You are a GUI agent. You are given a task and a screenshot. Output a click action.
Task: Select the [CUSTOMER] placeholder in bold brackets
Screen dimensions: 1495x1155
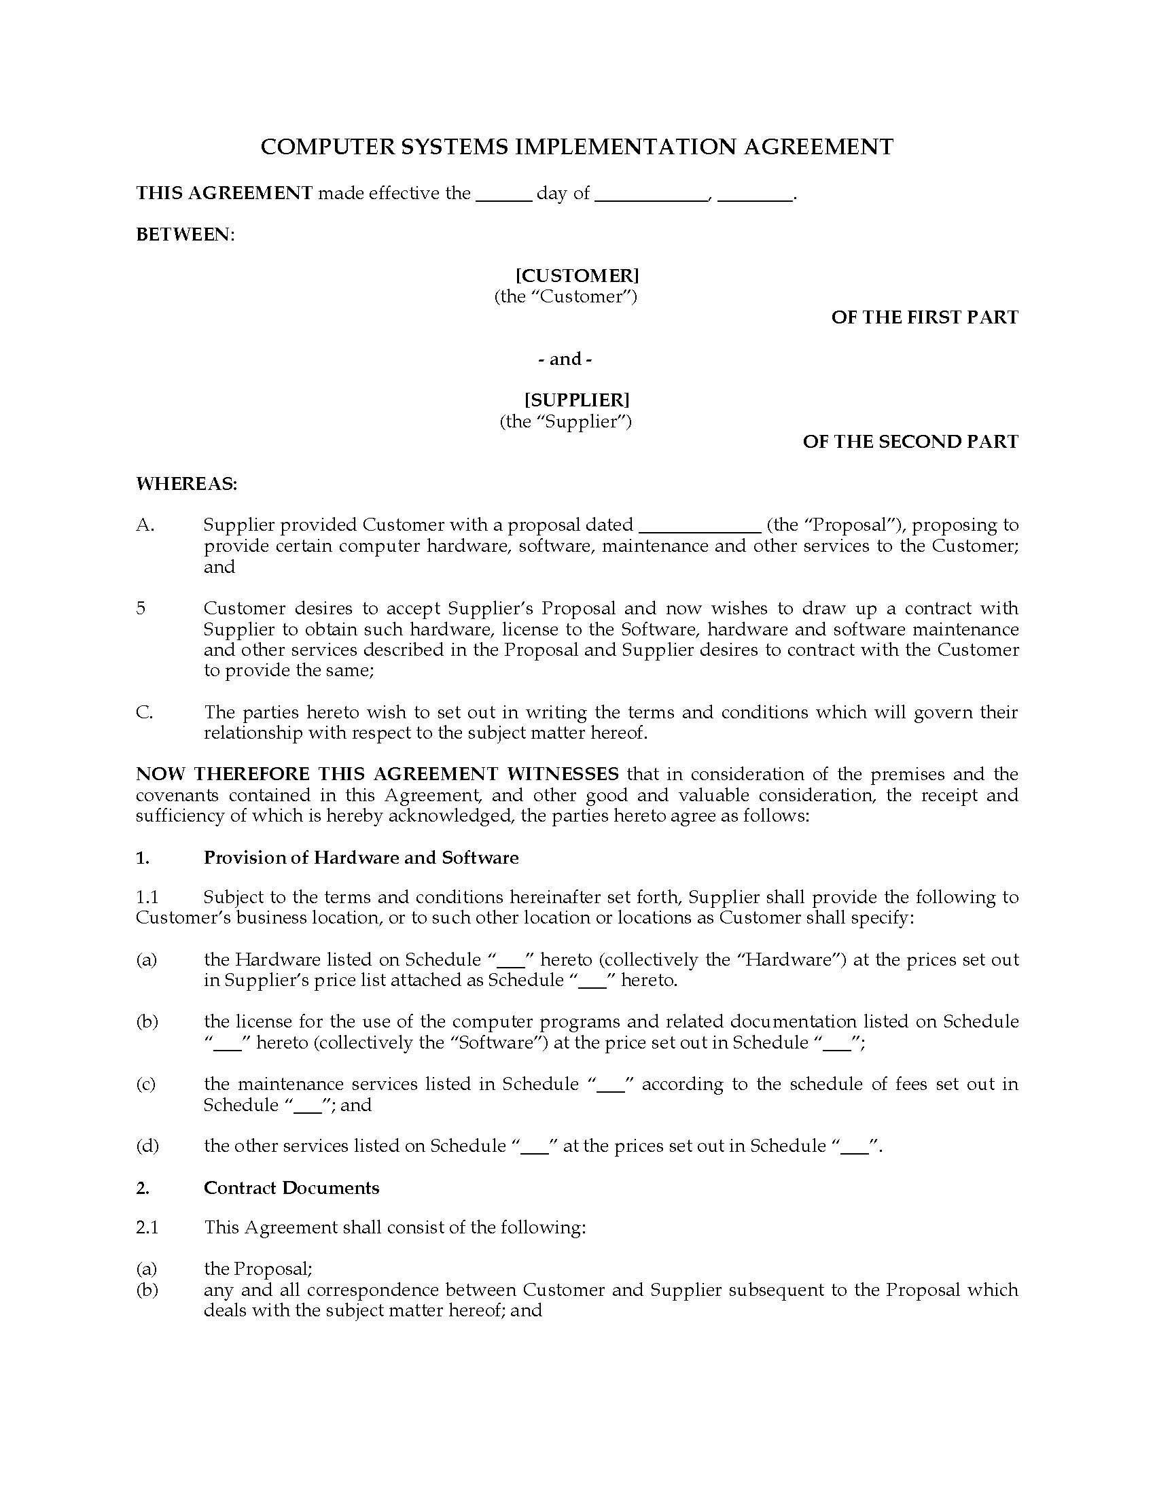pyautogui.click(x=577, y=275)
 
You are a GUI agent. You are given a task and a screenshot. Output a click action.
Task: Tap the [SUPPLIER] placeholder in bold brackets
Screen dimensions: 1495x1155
pyautogui.click(x=577, y=399)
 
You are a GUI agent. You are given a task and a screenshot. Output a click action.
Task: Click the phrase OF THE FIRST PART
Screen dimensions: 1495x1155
pyautogui.click(x=925, y=317)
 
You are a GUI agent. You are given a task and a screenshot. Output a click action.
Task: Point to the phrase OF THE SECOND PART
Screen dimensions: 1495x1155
pyautogui.click(x=910, y=442)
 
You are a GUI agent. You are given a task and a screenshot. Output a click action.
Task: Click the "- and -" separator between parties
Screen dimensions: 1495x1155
pyautogui.click(x=565, y=359)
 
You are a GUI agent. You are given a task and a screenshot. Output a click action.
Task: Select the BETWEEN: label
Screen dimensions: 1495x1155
pyautogui.click(x=185, y=234)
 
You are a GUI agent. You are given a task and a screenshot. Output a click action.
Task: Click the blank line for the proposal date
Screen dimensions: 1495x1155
pyautogui.click(x=699, y=526)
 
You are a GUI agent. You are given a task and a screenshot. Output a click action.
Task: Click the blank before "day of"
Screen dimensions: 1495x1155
pyautogui.click(x=503, y=194)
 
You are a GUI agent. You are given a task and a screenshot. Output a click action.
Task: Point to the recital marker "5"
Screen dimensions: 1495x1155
pyautogui.click(x=141, y=609)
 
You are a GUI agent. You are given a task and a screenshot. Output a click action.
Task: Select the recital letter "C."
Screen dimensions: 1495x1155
pyautogui.click(x=143, y=712)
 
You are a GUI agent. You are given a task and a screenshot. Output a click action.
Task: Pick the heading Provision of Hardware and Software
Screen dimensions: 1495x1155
pyautogui.click(x=361, y=857)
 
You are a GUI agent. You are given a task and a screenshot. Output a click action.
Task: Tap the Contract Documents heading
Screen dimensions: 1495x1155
pyautogui.click(x=291, y=1188)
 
